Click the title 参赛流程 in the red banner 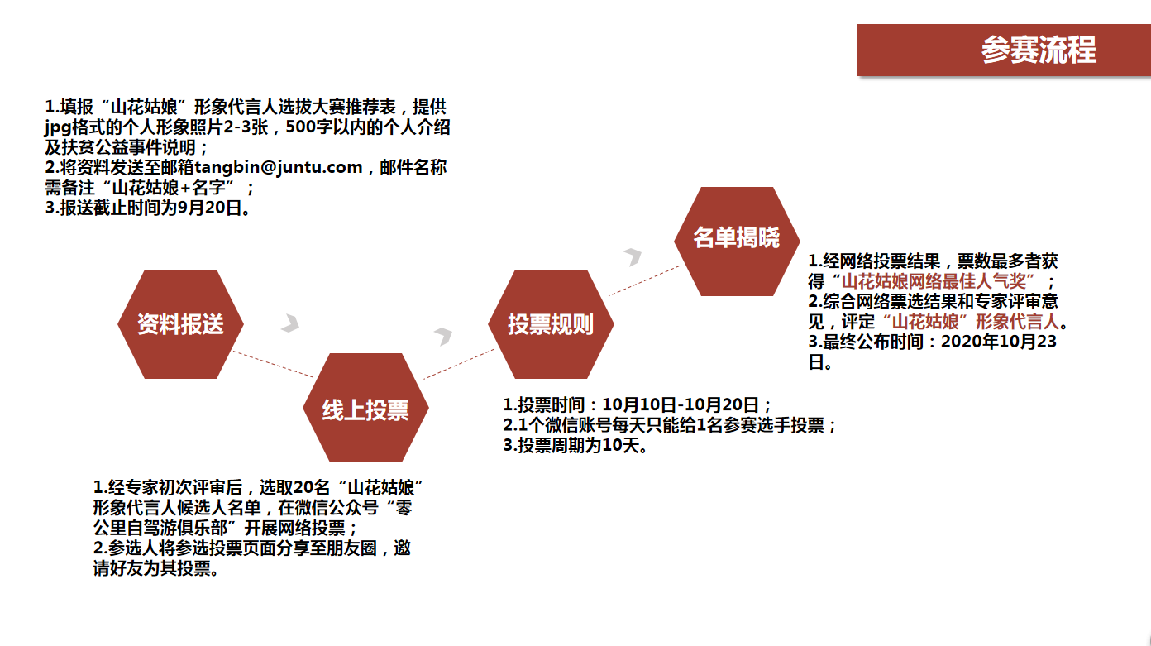pyautogui.click(x=1039, y=50)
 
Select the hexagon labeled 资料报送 pyautogui.click(x=180, y=324)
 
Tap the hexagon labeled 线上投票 pyautogui.click(x=365, y=409)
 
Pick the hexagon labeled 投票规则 pyautogui.click(x=551, y=324)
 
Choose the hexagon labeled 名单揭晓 pyautogui.click(x=737, y=240)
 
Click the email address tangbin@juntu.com pyautogui.click(x=279, y=168)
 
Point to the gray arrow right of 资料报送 pyautogui.click(x=290, y=323)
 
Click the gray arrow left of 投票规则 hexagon pyautogui.click(x=444, y=335)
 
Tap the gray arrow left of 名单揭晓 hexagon pyautogui.click(x=633, y=256)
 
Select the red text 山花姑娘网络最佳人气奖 pyautogui.click(x=938, y=281)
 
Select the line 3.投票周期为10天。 pyautogui.click(x=575, y=447)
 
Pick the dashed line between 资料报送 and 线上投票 pyautogui.click(x=272, y=364)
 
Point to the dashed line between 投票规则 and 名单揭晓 pyautogui.click(x=644, y=280)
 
